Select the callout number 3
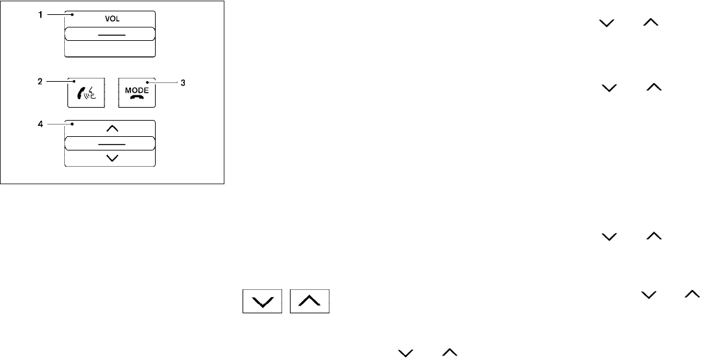[183, 82]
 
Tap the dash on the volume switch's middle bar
[110, 34]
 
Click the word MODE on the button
[137, 90]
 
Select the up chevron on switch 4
[110, 128]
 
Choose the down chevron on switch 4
[110, 158]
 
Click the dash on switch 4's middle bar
[110, 143]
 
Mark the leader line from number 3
[163, 82]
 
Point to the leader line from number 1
[58, 14]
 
